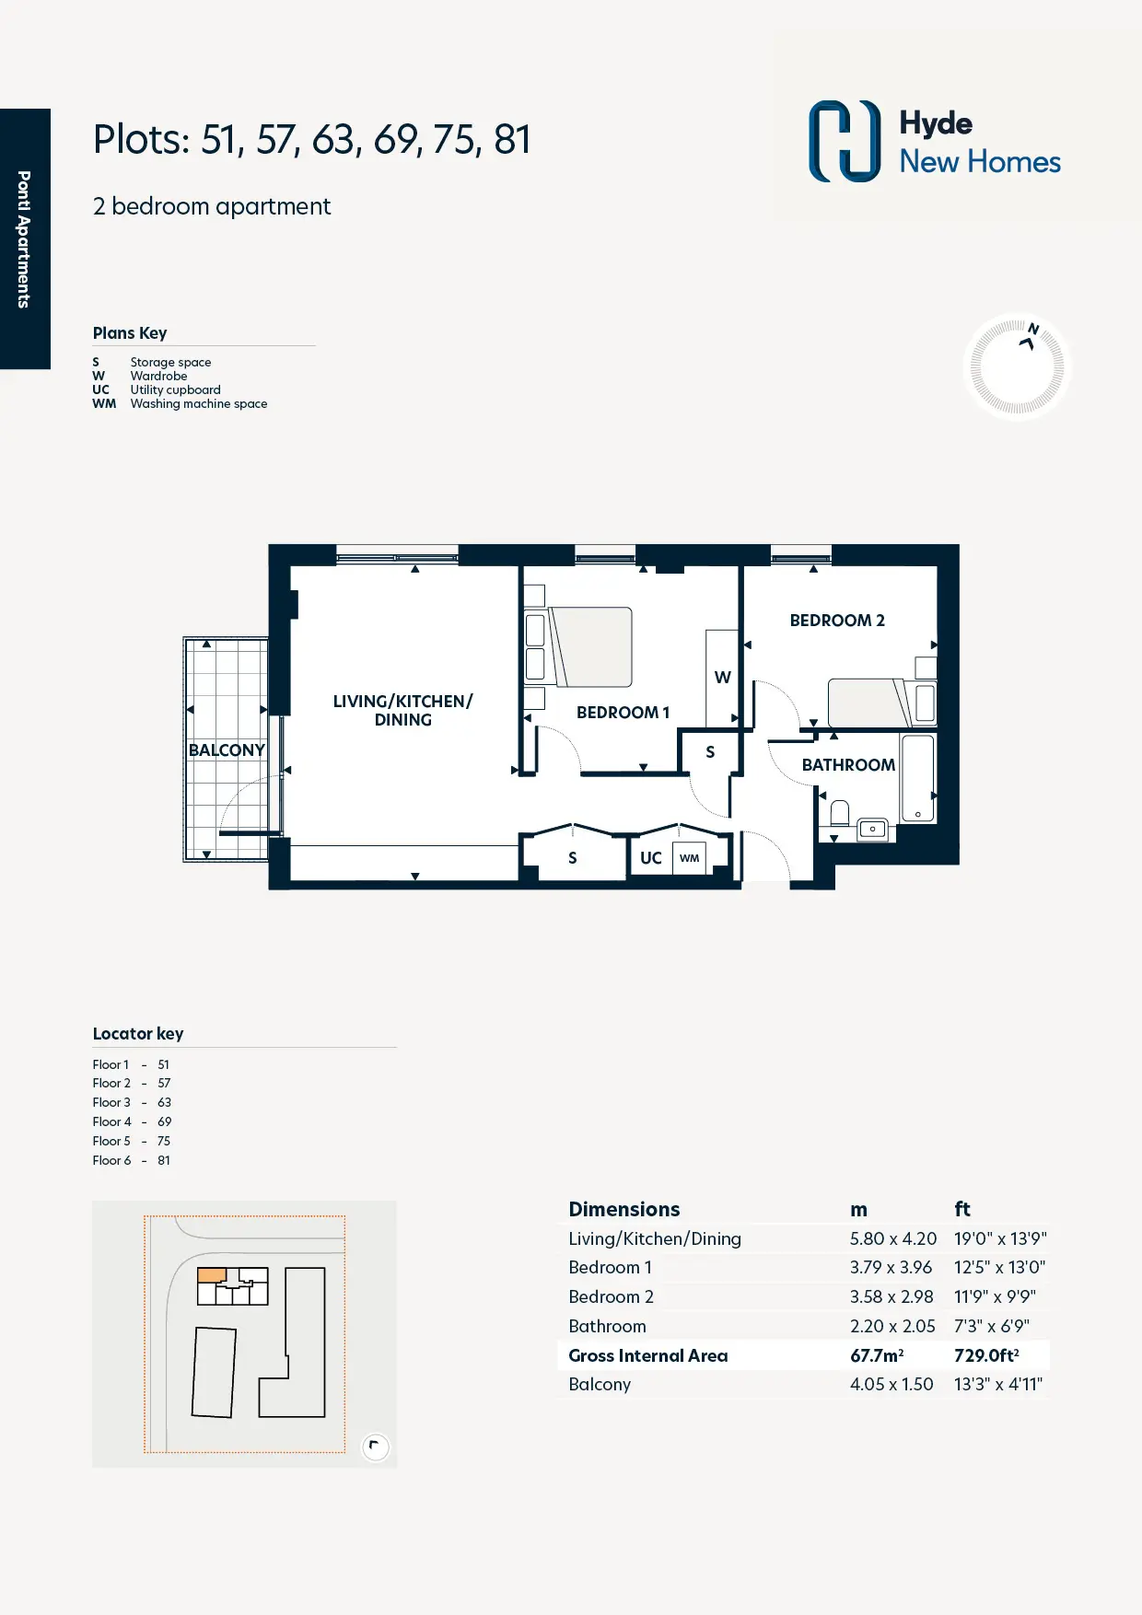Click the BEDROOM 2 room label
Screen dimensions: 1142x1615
(837, 621)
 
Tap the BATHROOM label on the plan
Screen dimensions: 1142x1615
(848, 765)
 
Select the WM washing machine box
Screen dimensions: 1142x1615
(689, 858)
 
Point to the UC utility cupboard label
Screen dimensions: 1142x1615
(651, 858)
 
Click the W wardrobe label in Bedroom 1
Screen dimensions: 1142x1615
(723, 678)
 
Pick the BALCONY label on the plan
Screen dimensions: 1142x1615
(227, 750)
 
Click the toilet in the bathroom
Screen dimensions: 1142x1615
(839, 813)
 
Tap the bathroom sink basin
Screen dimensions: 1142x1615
(872, 830)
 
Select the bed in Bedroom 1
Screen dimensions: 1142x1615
(590, 647)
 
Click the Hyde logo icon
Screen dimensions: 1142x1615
(845, 141)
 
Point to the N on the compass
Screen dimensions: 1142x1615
(1033, 329)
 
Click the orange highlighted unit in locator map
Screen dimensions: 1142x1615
(212, 1275)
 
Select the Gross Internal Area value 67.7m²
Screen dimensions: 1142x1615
(877, 1355)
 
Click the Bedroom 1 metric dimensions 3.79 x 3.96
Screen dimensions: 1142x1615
(891, 1268)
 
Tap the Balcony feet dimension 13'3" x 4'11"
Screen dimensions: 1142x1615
(998, 1384)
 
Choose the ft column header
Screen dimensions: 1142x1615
(962, 1209)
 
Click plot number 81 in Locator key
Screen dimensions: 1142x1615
(164, 1160)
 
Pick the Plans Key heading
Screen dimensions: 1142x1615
(130, 333)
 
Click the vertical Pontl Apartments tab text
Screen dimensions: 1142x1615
(24, 239)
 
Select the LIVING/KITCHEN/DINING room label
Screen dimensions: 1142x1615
(403, 711)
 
